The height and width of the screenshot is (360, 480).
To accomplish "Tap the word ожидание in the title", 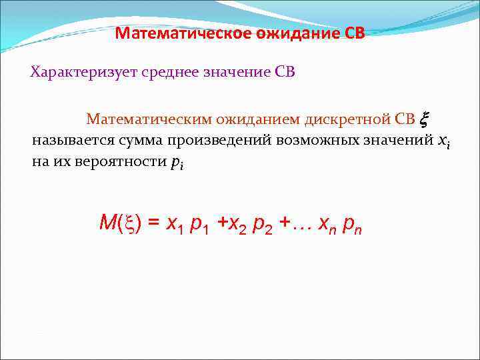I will (300, 34).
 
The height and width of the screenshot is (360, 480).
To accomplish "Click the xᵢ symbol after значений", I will (443, 142).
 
